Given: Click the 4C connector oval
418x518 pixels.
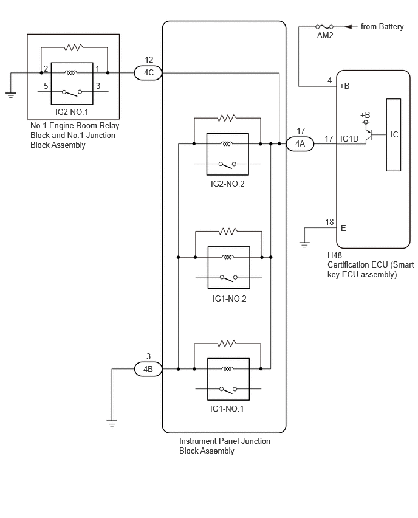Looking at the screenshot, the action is (148, 73).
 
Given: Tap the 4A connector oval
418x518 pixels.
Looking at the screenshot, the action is (300, 143).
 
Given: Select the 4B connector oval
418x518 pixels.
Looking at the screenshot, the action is (148, 369).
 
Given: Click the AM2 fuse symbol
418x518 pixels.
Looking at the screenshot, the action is (324, 26).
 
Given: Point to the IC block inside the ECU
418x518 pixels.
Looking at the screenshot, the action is (394, 135).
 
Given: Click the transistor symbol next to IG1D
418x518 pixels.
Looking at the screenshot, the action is (370, 135).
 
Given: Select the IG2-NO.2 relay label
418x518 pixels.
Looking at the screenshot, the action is (227, 184).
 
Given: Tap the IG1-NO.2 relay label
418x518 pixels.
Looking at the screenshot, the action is (229, 299).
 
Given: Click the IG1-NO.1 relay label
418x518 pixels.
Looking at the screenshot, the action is (227, 409).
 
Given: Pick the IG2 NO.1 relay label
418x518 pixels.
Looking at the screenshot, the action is (72, 112).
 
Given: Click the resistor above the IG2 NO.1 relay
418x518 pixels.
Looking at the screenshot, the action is (74, 47).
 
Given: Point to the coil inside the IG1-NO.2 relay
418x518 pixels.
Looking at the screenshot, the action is (228, 257).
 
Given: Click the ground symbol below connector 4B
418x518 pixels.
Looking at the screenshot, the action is (112, 423).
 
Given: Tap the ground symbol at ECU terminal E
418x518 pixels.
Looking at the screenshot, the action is (304, 245).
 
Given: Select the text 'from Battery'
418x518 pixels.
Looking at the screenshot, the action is (382, 26).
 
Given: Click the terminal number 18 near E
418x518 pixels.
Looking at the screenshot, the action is (329, 222).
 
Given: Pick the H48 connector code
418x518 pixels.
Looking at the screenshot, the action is (335, 255).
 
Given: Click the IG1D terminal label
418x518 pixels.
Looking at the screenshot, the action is (349, 139).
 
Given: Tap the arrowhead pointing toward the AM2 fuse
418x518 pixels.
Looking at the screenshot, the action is (348, 26).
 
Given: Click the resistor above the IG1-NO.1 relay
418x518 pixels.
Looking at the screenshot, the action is (227, 344).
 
